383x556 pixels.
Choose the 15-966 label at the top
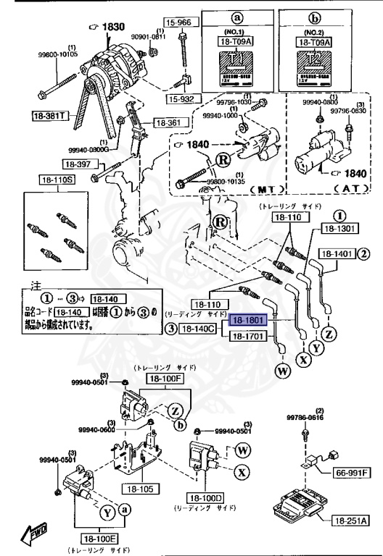177,22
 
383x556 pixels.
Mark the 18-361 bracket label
172,123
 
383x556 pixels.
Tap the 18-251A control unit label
351,520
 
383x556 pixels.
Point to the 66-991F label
352,473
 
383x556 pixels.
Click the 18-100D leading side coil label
207,498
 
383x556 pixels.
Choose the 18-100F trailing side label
166,378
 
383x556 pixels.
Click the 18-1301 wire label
336,229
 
